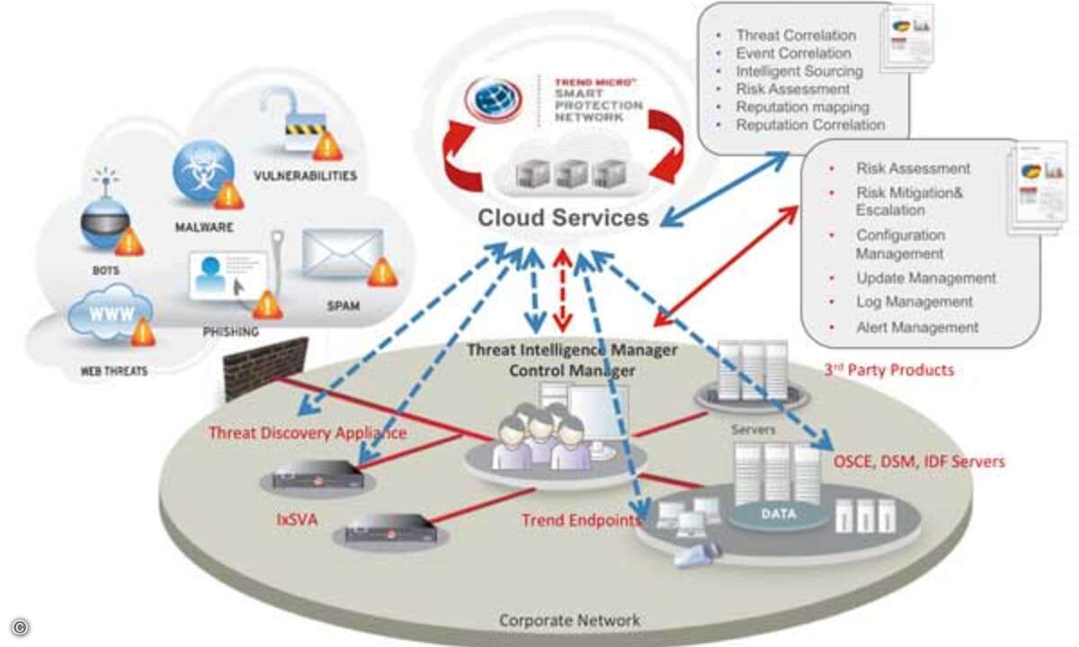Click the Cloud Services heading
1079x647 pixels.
563,217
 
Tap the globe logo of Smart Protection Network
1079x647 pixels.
495,101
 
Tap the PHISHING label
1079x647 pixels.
231,331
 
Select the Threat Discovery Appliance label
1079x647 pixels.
308,433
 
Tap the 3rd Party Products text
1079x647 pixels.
888,369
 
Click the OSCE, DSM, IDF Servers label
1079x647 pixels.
919,462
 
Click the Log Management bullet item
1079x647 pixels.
914,302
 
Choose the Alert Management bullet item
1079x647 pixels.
916,328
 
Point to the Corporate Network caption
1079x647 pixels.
569,620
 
